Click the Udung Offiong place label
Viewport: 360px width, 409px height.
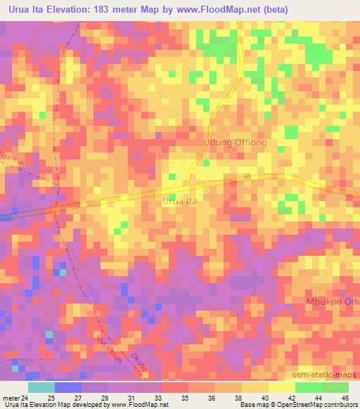coord(235,142)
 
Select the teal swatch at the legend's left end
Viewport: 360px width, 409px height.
coord(41,387)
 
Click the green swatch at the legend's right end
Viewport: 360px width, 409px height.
coord(335,387)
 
